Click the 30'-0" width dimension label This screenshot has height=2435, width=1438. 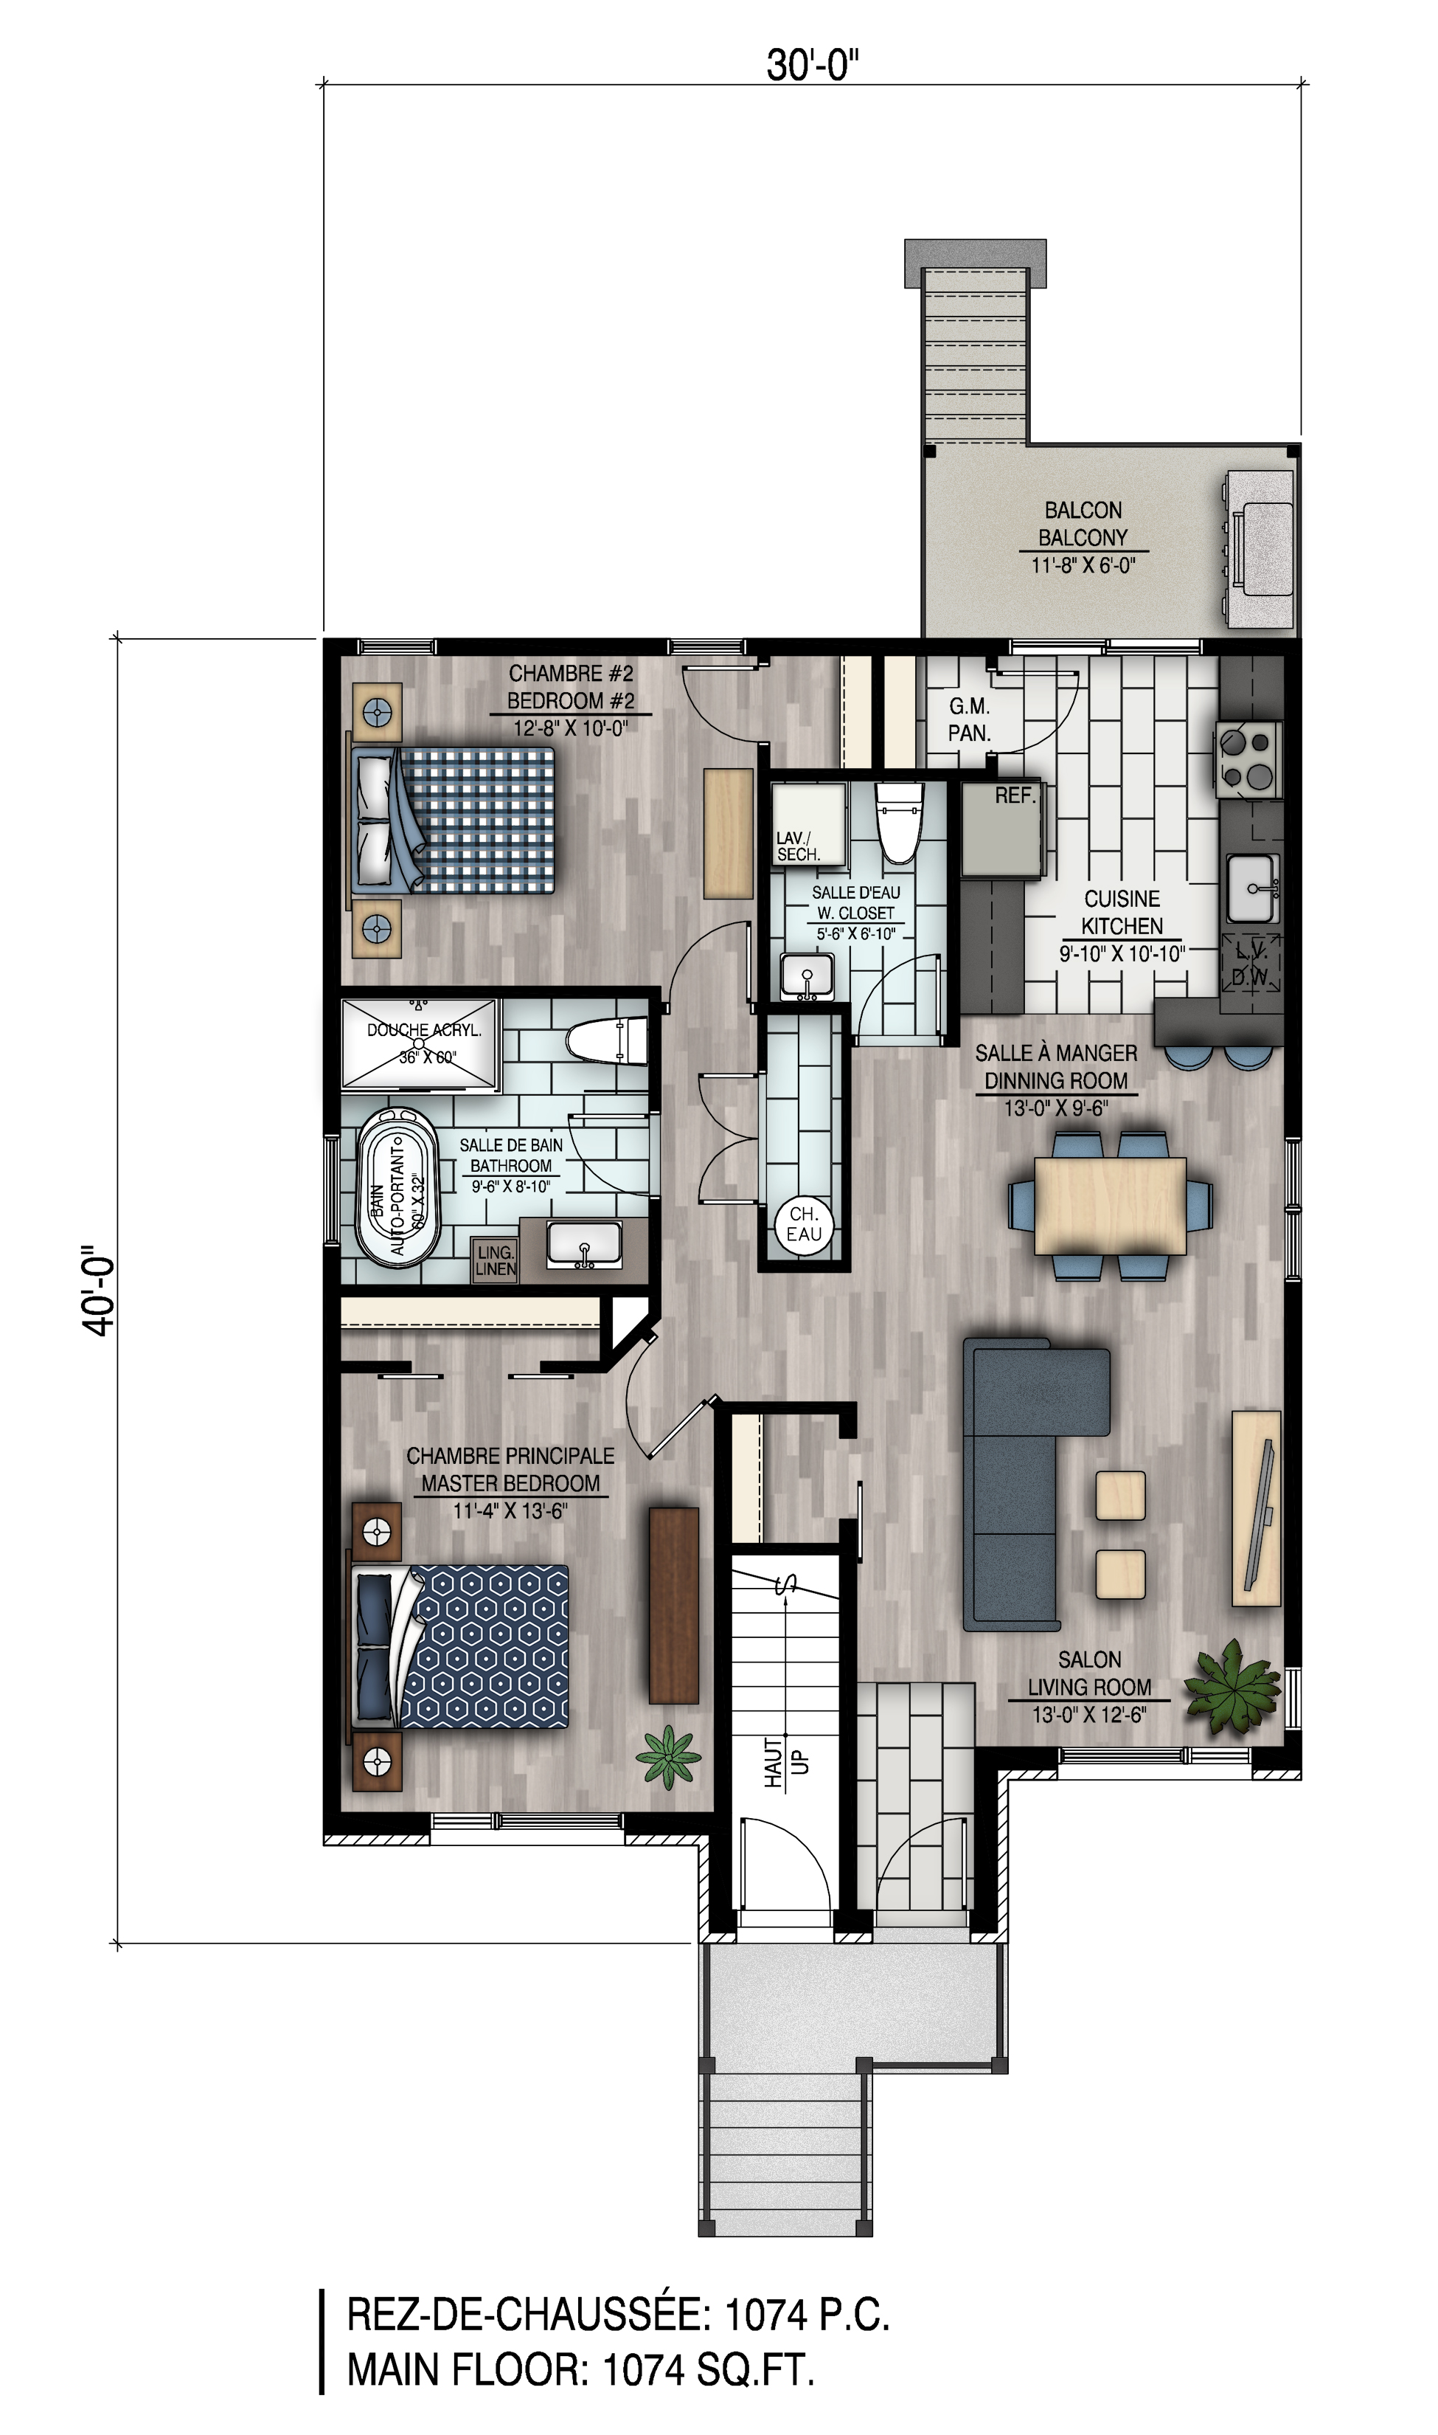[813, 66]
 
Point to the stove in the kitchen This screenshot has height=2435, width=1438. [1249, 759]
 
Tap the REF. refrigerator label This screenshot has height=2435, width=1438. [1015, 796]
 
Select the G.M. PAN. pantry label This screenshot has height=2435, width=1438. [969, 720]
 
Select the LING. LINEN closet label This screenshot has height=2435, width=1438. [495, 1260]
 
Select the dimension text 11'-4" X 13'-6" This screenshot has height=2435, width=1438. [510, 1510]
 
